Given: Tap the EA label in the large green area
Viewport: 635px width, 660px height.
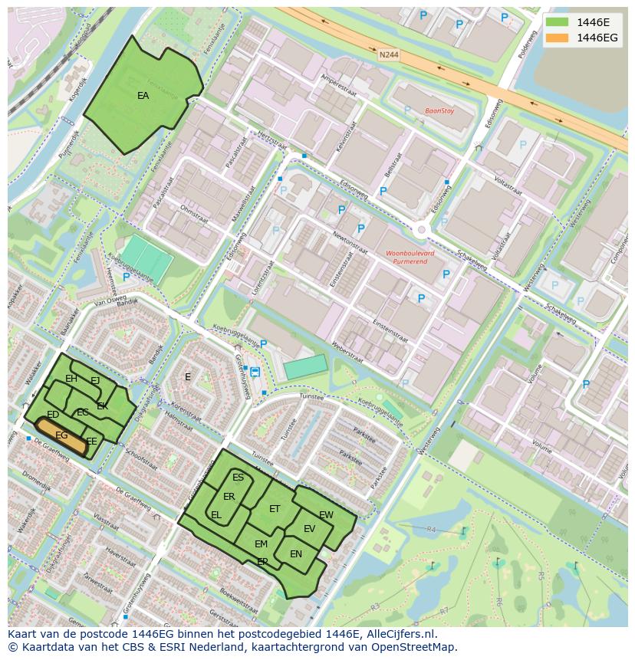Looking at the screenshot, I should [143, 96].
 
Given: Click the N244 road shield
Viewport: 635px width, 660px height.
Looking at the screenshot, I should [389, 54].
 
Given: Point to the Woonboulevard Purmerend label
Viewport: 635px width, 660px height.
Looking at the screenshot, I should [410, 257].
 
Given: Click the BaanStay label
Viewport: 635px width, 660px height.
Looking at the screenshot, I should [439, 111].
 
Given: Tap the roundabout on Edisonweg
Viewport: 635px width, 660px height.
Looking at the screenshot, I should [420, 228].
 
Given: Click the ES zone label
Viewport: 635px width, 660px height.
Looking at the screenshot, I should [238, 478].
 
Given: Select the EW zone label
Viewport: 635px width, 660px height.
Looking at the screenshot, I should [326, 515].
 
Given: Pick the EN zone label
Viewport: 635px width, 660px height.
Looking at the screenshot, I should [296, 554].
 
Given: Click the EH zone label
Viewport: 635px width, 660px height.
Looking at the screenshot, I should [71, 379].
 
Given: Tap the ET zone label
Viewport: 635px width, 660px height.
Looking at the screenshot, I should [275, 508].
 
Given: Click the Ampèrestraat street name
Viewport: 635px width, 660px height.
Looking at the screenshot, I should [338, 81].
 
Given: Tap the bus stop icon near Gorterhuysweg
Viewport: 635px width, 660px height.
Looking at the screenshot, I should [255, 373].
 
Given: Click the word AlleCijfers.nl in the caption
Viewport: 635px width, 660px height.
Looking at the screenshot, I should [400, 634].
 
